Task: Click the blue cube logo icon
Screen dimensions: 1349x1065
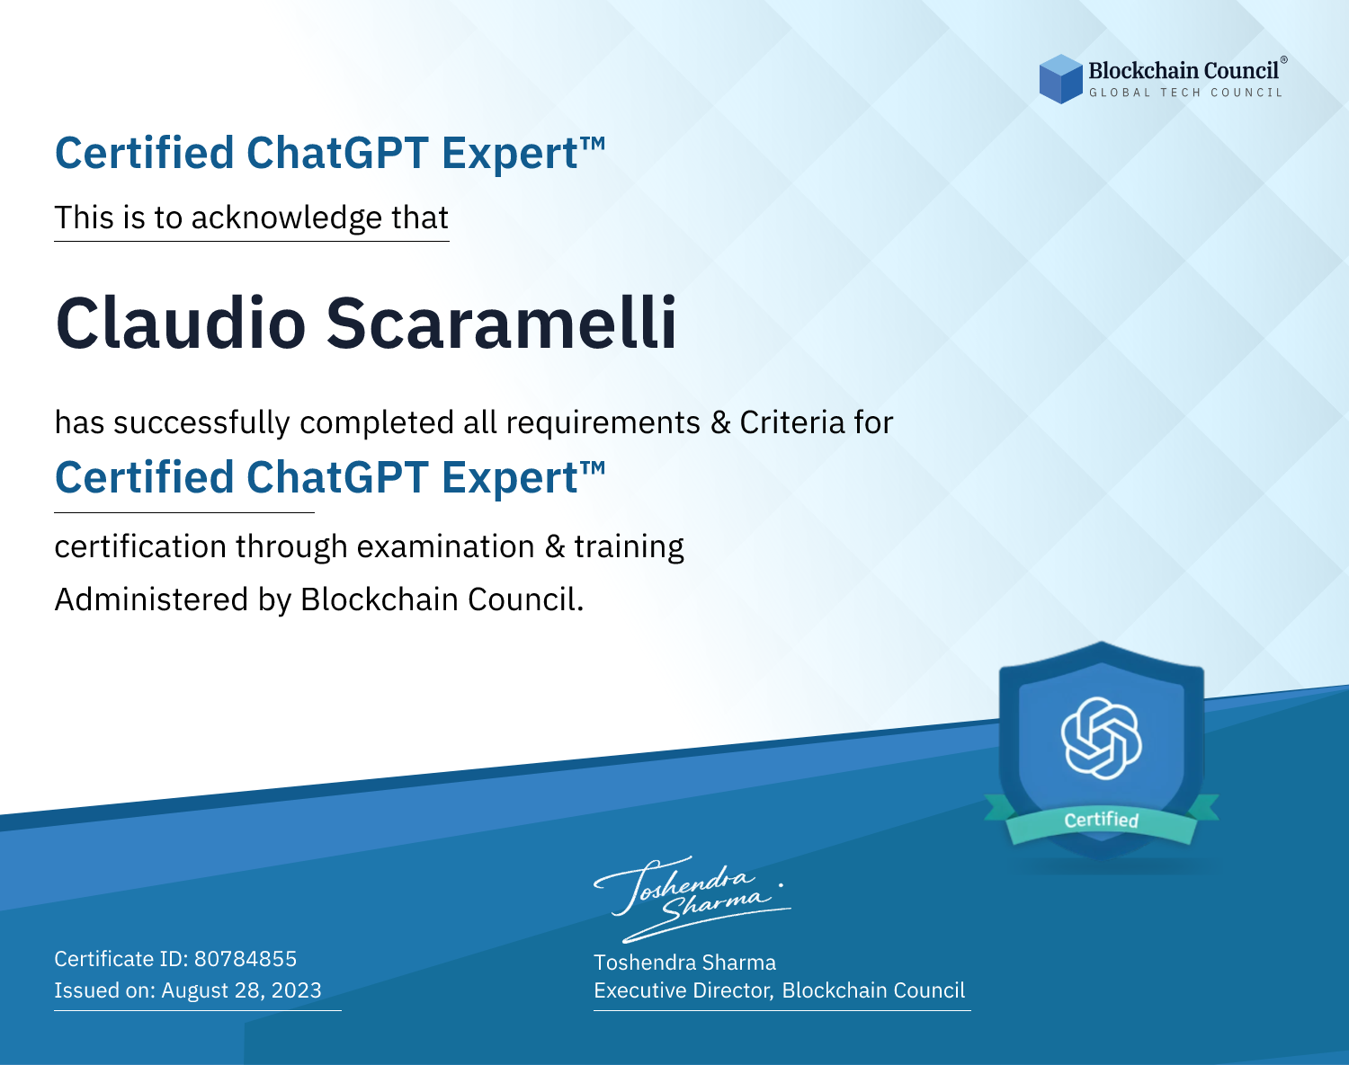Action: (1060, 79)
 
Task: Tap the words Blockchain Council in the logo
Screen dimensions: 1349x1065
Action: (1184, 71)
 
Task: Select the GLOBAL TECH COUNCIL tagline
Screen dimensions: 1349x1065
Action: (1185, 93)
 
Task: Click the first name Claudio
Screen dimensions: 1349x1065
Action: (181, 323)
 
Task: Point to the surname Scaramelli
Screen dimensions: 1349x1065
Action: (502, 323)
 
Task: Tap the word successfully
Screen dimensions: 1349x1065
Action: (201, 423)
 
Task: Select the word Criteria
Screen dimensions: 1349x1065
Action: (791, 422)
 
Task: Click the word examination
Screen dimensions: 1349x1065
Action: (446, 546)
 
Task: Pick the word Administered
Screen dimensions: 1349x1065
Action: (151, 599)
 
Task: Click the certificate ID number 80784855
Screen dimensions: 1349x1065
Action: (246, 958)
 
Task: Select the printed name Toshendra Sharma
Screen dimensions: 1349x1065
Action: (684, 963)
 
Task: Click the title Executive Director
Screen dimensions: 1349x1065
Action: (683, 990)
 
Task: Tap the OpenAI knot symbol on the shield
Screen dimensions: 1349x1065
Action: (1102, 738)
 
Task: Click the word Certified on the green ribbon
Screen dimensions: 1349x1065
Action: (1102, 820)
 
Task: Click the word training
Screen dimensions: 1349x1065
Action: (629, 547)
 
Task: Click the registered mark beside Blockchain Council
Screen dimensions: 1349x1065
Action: (1283, 60)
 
